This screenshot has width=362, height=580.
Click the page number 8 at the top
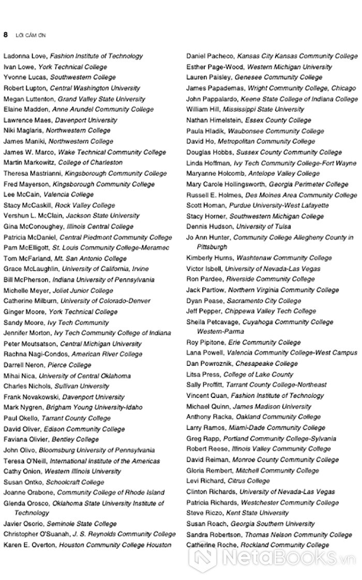[5, 34]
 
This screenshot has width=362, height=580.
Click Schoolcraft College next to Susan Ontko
[74, 482]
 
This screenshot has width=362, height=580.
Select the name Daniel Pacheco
[210, 56]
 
